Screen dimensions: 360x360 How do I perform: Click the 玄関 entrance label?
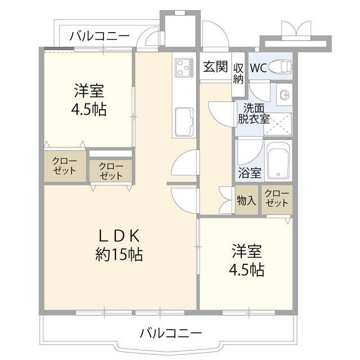[x=215, y=67]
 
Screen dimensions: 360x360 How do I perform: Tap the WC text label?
[x=258, y=68]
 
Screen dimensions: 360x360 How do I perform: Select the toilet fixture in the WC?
[x=280, y=68]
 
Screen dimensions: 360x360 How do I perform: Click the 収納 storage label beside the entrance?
[x=238, y=73]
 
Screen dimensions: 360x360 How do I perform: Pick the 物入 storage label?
[x=247, y=200]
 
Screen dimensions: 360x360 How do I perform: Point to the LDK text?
[x=119, y=235]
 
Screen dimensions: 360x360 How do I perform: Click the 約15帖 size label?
[x=119, y=255]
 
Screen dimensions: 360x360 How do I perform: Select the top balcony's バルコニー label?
[x=100, y=37]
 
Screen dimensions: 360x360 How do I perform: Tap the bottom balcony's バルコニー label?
[x=170, y=332]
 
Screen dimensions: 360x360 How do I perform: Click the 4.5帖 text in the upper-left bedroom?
[x=89, y=108]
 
